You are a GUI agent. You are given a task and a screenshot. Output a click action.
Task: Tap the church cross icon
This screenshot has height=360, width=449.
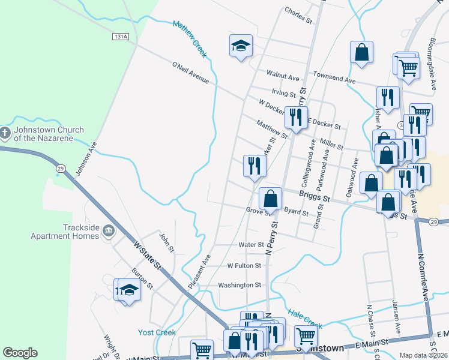tap(5, 133)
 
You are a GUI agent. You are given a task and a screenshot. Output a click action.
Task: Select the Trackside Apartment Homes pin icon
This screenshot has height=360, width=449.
tap(108, 230)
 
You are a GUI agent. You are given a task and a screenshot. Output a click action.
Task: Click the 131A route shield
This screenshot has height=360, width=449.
tap(121, 37)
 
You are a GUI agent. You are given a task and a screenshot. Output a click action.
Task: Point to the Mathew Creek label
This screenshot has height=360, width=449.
tap(190, 40)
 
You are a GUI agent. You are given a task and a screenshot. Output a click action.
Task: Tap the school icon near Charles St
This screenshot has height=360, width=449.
tap(241, 46)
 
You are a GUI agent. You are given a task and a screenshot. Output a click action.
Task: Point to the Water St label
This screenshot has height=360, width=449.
tap(251, 245)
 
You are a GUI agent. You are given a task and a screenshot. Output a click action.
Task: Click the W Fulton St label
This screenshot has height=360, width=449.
tap(244, 265)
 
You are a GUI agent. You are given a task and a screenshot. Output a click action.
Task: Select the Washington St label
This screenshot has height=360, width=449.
tap(240, 285)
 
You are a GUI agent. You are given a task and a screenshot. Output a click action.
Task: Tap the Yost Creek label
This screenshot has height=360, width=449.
tap(157, 332)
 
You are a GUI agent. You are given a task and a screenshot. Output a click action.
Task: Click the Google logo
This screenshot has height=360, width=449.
tap(20, 353)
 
